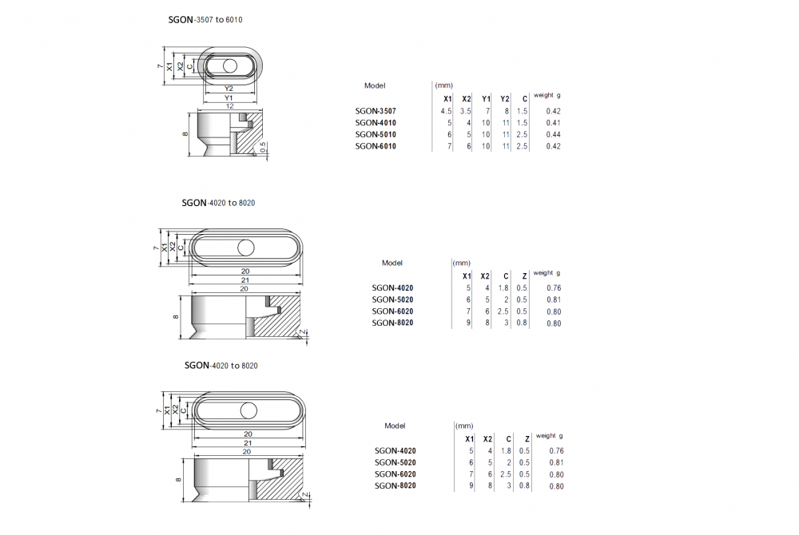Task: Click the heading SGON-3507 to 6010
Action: coord(205,20)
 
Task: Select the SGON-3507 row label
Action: coord(376,111)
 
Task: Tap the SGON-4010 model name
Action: coord(376,123)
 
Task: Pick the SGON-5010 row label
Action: coord(376,134)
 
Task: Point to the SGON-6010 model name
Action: coord(376,146)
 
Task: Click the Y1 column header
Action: coord(486,99)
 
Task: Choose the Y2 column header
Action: coord(504,99)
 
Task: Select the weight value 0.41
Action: coord(553,123)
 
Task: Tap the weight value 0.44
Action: coord(553,134)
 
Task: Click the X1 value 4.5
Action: coord(446,111)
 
